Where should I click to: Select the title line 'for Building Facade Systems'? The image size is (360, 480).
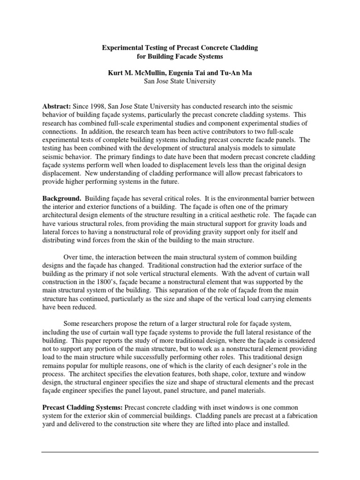(180, 56)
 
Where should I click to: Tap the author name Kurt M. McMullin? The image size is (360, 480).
(132, 73)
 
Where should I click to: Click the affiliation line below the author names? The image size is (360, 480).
(180, 81)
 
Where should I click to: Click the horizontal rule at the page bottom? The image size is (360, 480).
(180, 452)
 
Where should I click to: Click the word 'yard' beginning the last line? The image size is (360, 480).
(49, 425)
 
